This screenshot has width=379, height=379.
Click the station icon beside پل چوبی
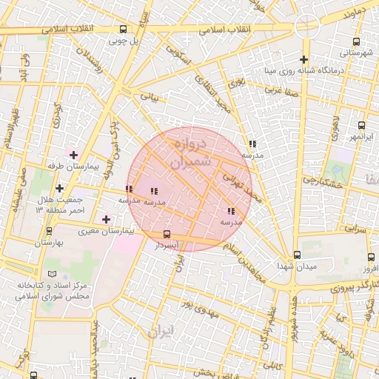tap(123, 30)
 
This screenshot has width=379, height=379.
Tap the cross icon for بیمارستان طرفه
tap(73, 154)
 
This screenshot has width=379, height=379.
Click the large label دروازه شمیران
tap(186, 152)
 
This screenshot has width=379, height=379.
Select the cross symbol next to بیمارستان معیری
tap(107, 219)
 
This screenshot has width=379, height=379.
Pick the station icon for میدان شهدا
tap(297, 255)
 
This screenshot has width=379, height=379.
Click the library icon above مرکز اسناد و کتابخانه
tap(51, 273)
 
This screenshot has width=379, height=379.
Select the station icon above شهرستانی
tap(357, 42)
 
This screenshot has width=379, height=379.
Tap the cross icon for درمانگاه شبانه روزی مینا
tap(303, 59)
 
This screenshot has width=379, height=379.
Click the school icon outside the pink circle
tap(252, 144)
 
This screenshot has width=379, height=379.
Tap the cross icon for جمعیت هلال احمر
tap(59, 188)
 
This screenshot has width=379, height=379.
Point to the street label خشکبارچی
tap(324, 180)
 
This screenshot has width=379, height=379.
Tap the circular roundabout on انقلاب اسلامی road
tap(306, 26)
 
